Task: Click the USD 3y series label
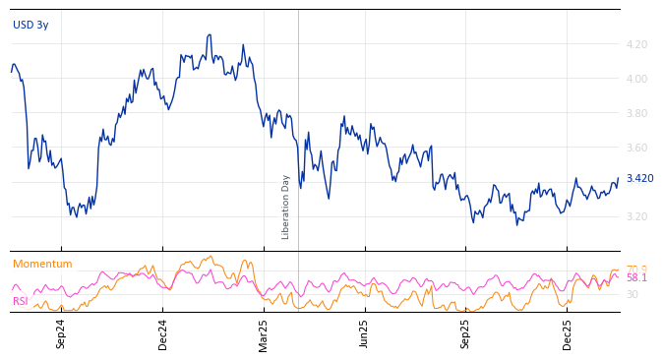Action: [x=30, y=25]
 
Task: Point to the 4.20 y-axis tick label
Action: [x=636, y=44]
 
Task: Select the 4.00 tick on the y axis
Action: [x=636, y=79]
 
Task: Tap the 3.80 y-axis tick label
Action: [x=636, y=113]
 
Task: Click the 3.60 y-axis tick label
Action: [x=636, y=148]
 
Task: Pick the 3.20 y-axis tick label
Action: [x=636, y=216]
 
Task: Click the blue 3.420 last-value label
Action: [x=639, y=178]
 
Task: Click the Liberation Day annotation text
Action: [x=286, y=207]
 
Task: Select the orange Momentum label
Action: [x=42, y=264]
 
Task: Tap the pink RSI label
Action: [x=21, y=301]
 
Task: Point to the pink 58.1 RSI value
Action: [x=636, y=278]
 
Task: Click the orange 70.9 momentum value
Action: [x=636, y=269]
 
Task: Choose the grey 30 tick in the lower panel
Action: [x=633, y=294]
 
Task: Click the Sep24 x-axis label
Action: [x=61, y=333]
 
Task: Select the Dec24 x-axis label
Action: [x=163, y=333]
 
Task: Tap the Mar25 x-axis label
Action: [x=264, y=333]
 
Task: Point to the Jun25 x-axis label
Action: [x=364, y=333]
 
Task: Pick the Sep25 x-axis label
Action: [x=466, y=333]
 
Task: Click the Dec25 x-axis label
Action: [x=568, y=333]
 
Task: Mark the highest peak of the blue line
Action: [x=210, y=35]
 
